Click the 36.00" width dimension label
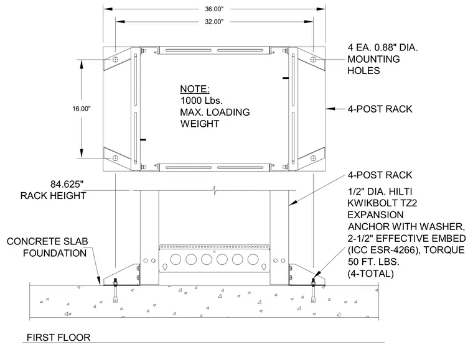[x=214, y=9]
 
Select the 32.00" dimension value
[x=214, y=22]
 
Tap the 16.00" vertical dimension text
[x=82, y=109]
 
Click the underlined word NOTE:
[x=195, y=89]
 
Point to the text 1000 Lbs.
[x=202, y=100]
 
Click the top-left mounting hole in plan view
[x=115, y=60]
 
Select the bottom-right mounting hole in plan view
[x=314, y=158]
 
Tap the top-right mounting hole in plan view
[x=314, y=60]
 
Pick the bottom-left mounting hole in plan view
[x=115, y=158]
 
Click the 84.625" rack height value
[x=67, y=184]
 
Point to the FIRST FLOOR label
[x=59, y=338]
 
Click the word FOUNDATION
[x=55, y=253]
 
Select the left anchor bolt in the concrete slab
[x=115, y=290]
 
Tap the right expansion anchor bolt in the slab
[x=314, y=290]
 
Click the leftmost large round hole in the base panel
[x=176, y=259]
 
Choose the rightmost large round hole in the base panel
[x=253, y=259]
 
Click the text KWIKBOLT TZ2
[x=382, y=203]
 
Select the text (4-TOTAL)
[x=371, y=274]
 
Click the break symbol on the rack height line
[x=214, y=190]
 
